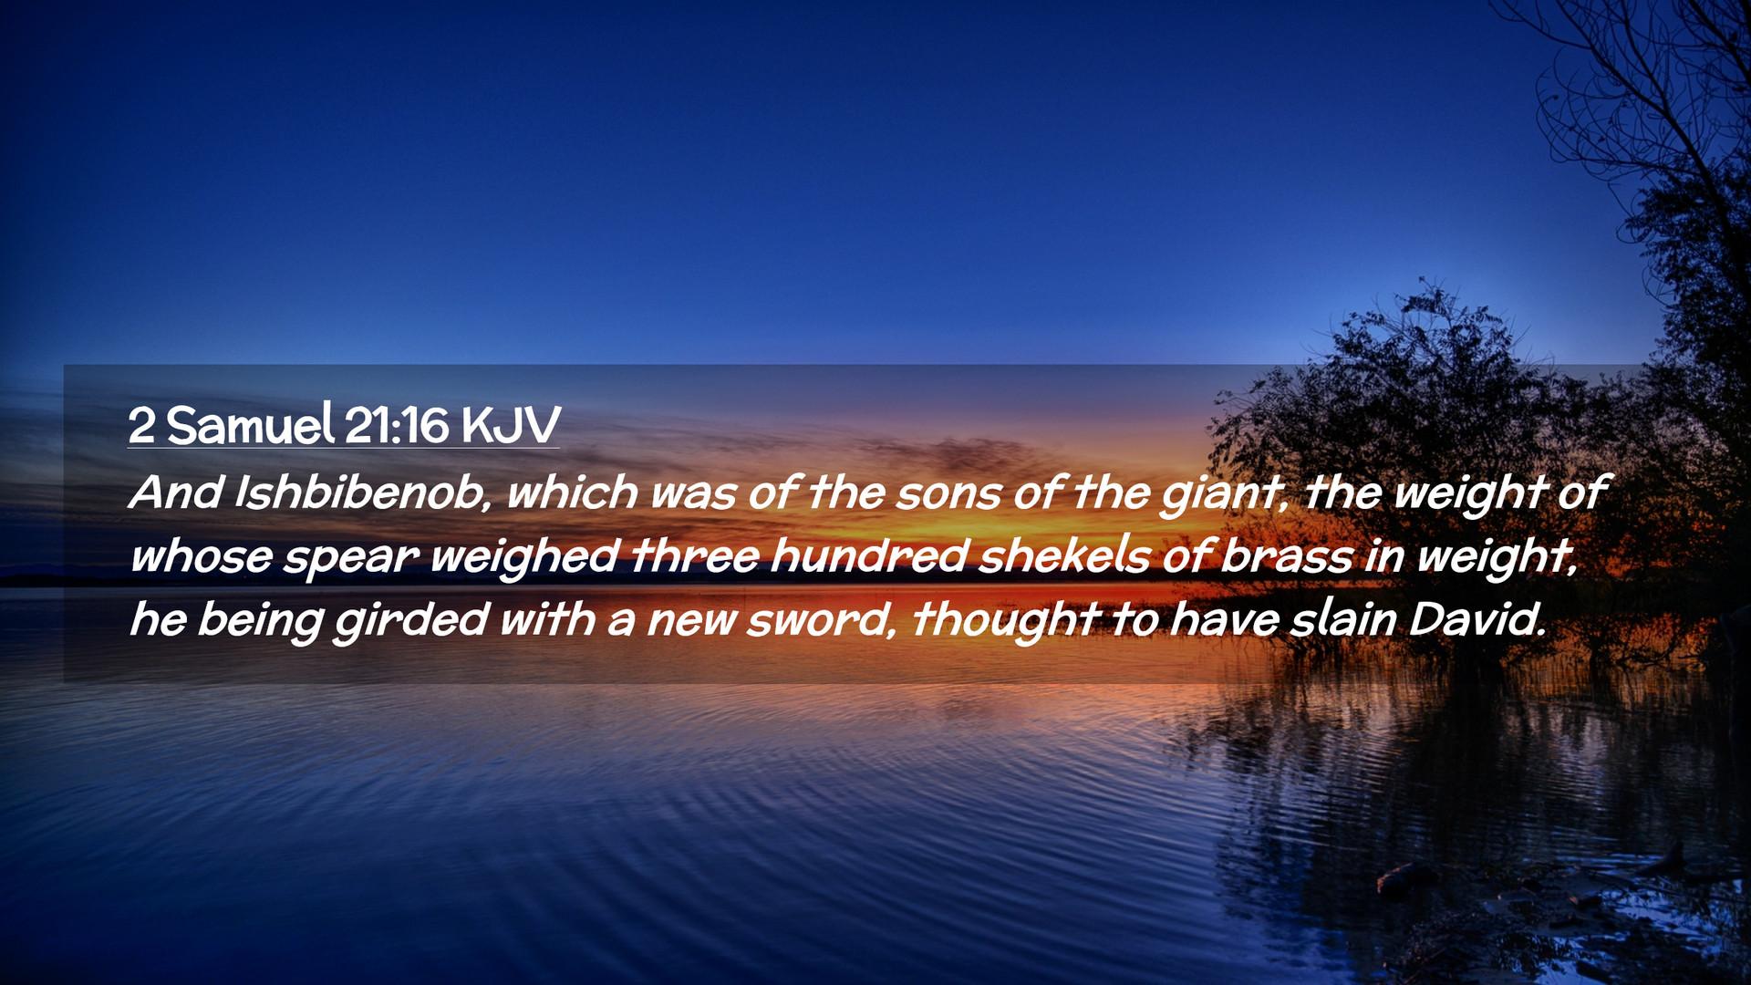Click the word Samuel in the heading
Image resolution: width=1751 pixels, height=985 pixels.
point(250,425)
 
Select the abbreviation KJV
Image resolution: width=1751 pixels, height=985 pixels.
point(510,425)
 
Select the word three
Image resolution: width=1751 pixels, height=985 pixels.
point(695,555)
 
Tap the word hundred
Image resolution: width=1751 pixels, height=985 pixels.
point(868,555)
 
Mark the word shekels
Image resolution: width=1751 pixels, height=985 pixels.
point(1064,555)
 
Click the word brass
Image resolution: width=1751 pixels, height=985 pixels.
point(1286,555)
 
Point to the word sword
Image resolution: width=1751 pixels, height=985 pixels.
point(816,619)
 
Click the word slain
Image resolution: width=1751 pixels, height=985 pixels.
point(1342,619)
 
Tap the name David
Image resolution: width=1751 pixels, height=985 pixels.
point(1476,619)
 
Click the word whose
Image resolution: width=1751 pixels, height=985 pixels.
point(201,555)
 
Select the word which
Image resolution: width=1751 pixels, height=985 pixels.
point(572,493)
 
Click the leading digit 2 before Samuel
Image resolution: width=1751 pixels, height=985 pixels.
point(141,426)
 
